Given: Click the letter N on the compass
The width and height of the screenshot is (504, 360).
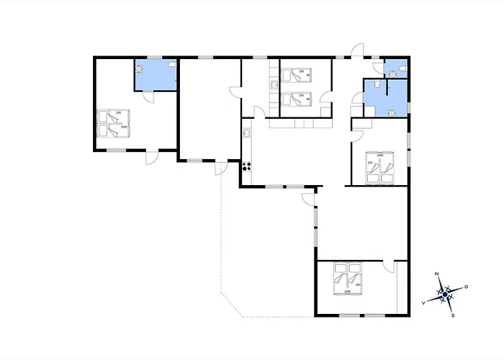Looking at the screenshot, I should click(438, 274).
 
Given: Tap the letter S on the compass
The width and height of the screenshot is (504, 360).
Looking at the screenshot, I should click(452, 315).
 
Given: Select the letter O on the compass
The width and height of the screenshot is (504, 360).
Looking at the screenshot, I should click(466, 287).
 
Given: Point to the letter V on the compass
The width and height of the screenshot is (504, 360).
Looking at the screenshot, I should click(423, 303).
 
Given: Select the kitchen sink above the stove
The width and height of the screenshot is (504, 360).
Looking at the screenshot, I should click(246, 133).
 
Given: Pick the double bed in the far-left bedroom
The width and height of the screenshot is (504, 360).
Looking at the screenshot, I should click(113, 122).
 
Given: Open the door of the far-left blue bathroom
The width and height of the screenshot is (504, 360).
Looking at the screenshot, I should click(148, 98).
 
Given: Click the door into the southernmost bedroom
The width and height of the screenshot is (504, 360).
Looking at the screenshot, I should click(390, 267).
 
